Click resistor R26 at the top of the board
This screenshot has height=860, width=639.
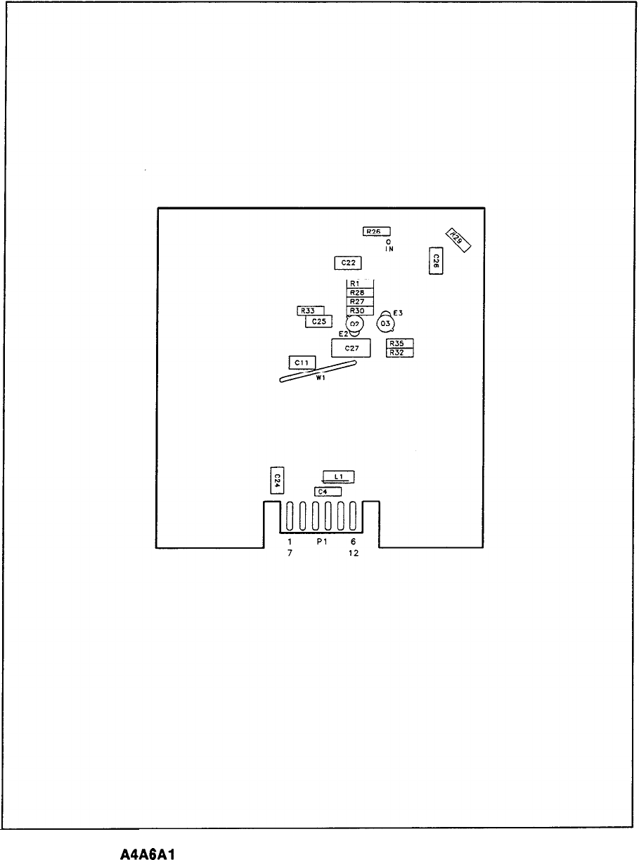point(376,231)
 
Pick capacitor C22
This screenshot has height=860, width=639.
point(347,262)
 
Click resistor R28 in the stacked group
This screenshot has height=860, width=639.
point(359,292)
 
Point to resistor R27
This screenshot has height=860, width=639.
point(359,301)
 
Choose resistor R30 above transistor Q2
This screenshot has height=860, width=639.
point(359,311)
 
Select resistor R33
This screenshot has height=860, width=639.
point(310,311)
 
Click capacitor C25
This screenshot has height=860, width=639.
point(318,321)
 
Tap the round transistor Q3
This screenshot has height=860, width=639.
point(385,324)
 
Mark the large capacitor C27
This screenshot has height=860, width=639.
point(351,348)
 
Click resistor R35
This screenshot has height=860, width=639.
point(399,344)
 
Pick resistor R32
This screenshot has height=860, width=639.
point(399,353)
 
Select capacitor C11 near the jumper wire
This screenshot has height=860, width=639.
point(302,362)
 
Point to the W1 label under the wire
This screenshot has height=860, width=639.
point(321,378)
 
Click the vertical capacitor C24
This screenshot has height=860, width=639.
point(277,481)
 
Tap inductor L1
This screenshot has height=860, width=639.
point(338,476)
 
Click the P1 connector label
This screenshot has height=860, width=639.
point(321,542)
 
